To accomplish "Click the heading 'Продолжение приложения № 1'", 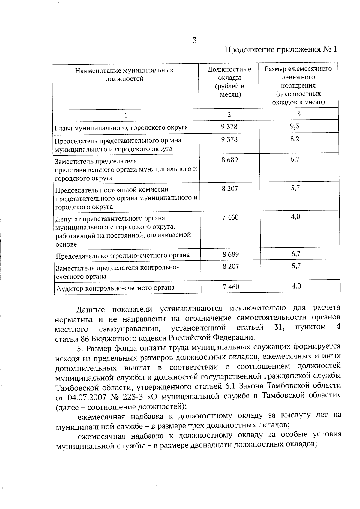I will click(x=281, y=49).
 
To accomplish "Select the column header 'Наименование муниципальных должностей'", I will click(x=124, y=74).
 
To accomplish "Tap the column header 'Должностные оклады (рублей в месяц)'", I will click(x=229, y=82).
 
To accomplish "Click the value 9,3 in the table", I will click(x=295, y=126).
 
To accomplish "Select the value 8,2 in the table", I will click(x=295, y=139).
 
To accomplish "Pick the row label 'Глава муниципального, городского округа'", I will click(x=121, y=127).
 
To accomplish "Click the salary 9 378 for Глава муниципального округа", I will click(x=229, y=127).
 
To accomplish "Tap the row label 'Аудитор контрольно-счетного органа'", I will click(x=115, y=288).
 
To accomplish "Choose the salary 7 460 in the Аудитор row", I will click(x=231, y=287).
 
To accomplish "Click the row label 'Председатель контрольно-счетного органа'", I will click(x=123, y=256).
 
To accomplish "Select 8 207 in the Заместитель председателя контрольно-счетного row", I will click(x=231, y=266).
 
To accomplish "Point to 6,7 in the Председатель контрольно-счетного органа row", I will click(x=296, y=254).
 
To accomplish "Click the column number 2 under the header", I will click(x=229, y=114).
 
